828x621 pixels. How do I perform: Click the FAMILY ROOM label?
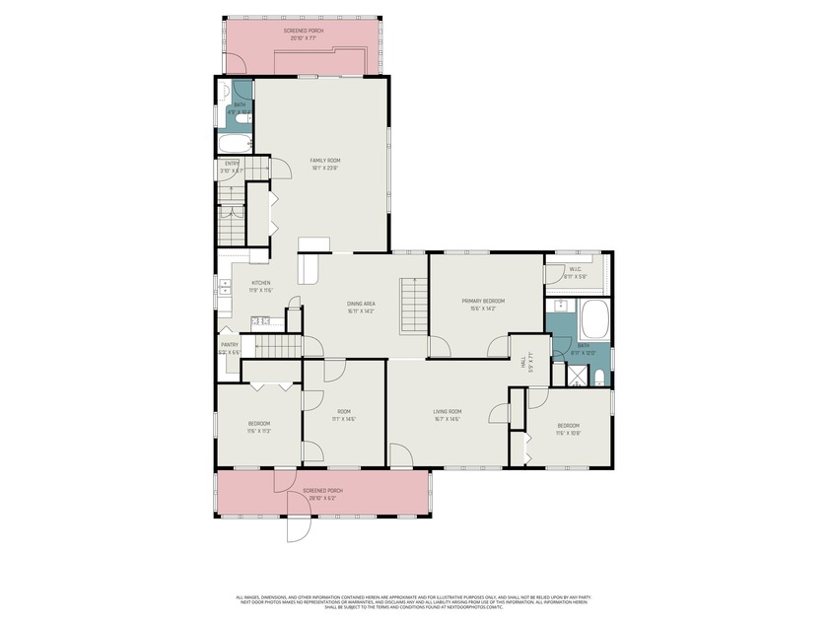tap(325, 160)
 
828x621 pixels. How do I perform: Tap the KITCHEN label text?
tap(260, 283)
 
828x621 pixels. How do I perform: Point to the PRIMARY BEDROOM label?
tap(483, 301)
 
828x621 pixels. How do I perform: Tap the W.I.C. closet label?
tap(576, 269)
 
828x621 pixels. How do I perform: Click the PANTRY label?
tap(229, 345)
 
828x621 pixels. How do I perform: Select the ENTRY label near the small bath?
tap(232, 164)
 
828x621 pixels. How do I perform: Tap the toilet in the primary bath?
tap(599, 376)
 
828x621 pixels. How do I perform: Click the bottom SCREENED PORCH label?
tap(322, 491)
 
